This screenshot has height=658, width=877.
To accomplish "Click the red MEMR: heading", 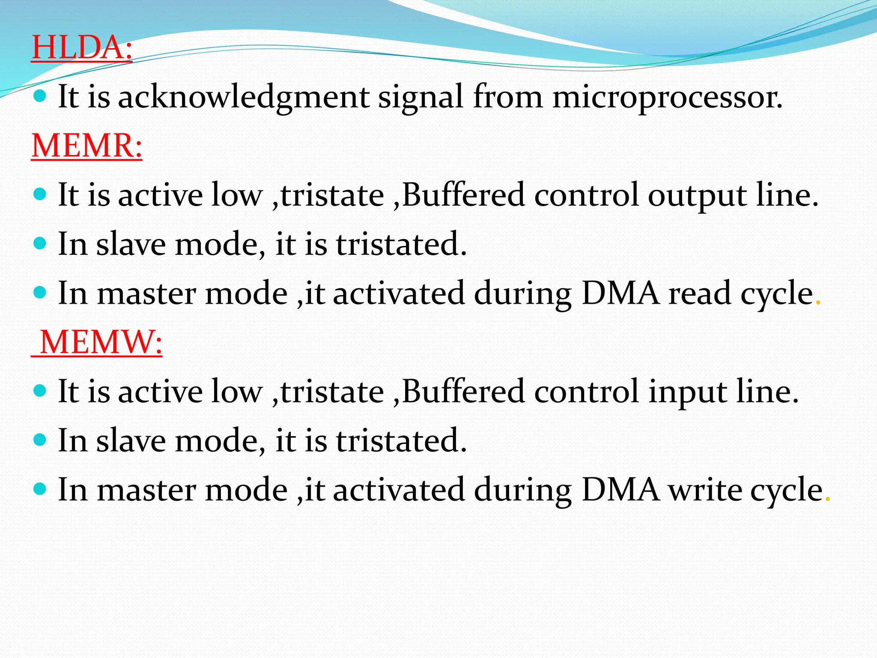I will click(87, 146).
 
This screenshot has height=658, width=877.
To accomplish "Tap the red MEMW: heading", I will click(101, 342).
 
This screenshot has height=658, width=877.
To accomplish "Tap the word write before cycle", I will click(704, 490).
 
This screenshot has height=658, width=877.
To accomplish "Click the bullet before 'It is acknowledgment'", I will click(39, 96).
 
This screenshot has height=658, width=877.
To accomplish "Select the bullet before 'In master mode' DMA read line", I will click(39, 293).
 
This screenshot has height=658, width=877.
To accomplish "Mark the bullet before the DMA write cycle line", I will click(39, 489).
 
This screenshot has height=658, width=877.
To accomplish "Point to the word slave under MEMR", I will click(131, 244).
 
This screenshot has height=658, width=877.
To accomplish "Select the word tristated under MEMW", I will click(401, 441).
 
